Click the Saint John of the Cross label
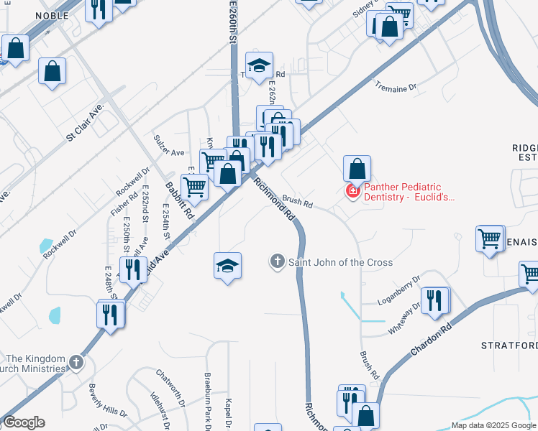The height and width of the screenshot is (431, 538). click(x=341, y=262)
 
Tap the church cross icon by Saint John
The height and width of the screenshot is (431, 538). click(x=278, y=261)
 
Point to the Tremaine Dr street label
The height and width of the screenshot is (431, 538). click(x=396, y=88)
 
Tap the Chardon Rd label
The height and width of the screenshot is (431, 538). click(x=431, y=340)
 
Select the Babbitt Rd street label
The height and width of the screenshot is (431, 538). click(x=180, y=200)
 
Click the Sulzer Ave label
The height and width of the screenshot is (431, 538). click(x=169, y=143)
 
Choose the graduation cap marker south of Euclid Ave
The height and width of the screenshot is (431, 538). click(x=227, y=267)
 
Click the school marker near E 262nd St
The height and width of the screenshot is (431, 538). click(x=259, y=66)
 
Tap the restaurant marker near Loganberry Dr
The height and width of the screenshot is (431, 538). click(x=435, y=300)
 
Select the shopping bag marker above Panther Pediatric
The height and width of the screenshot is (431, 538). click(x=357, y=170)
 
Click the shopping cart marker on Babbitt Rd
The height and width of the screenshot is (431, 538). click(x=194, y=187)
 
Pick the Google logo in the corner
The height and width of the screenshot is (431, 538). click(x=24, y=422)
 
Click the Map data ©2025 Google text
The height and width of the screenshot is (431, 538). click(x=493, y=425)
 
